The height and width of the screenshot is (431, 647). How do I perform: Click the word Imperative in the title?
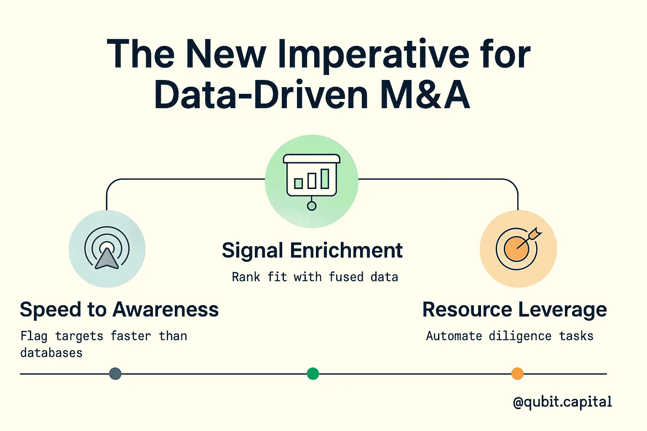tap(374, 55)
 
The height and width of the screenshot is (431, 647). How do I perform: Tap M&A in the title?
tap(425, 94)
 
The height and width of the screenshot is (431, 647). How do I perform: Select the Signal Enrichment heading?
tap(312, 250)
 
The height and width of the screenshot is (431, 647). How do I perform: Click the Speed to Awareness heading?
tap(119, 310)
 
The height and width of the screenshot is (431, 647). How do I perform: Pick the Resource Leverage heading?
tap(514, 310)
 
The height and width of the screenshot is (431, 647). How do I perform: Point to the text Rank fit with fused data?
tap(315, 277)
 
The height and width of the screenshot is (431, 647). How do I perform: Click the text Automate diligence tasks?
tap(510, 336)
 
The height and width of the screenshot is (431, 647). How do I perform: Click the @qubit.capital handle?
tap(562, 402)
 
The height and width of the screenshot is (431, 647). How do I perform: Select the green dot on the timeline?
tap(313, 374)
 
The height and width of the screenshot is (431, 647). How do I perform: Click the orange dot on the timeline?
tap(517, 374)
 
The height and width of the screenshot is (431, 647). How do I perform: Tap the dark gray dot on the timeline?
tap(115, 374)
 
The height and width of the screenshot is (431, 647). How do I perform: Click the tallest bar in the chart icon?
tap(325, 179)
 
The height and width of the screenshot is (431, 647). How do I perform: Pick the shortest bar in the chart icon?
tap(298, 184)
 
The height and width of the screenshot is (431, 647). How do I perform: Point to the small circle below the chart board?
tap(312, 206)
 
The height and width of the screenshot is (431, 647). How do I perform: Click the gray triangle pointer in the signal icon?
tap(107, 259)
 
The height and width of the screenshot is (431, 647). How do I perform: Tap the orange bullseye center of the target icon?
tap(516, 249)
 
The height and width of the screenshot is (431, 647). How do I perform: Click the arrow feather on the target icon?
tap(536, 233)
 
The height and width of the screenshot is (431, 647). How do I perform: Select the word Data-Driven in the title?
tap(262, 94)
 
